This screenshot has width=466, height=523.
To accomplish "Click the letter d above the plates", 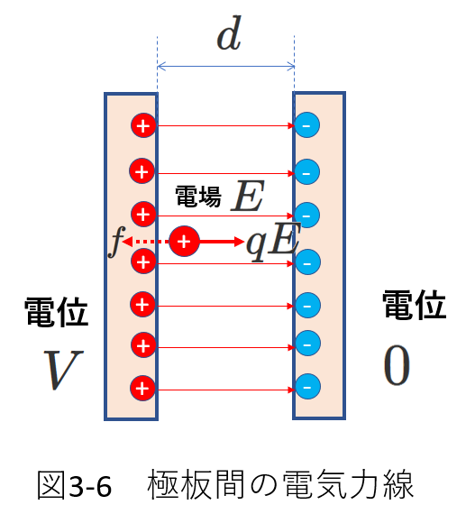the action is (x=229, y=33).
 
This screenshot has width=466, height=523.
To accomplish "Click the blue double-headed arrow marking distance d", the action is (x=225, y=67).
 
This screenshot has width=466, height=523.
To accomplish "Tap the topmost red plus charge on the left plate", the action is (x=143, y=125).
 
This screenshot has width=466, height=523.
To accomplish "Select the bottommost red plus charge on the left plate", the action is (x=142, y=388).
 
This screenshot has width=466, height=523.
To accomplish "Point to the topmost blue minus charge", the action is (x=307, y=125).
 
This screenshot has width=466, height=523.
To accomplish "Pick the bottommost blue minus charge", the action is (x=307, y=387).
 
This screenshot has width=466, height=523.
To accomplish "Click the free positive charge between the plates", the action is (x=184, y=242).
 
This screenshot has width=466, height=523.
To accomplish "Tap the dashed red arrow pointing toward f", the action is (x=146, y=242).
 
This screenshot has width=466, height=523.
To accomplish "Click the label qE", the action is (x=273, y=242).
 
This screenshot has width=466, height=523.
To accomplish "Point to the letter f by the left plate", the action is (x=116, y=242).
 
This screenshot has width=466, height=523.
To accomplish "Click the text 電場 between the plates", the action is (x=198, y=197).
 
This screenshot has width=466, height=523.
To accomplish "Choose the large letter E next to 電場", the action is (x=248, y=196).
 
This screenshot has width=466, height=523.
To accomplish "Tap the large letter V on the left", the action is (x=63, y=370).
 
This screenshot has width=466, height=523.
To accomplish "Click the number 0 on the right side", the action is (x=397, y=365).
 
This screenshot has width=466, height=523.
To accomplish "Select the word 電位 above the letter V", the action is (x=56, y=312).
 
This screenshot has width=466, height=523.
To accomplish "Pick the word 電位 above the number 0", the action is (x=414, y=305).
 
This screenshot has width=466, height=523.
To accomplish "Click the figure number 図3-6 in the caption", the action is (x=75, y=486).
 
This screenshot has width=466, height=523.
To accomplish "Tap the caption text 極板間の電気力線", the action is (x=280, y=484).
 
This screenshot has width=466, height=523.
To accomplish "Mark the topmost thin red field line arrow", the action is (x=225, y=125).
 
